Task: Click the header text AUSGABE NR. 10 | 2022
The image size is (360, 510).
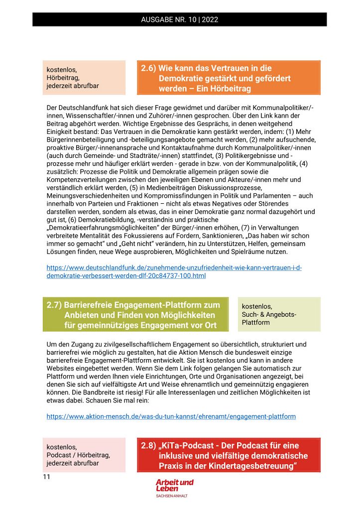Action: coord(180,20)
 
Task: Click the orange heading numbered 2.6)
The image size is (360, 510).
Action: coord(228,78)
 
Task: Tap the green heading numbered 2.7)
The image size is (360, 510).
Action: coord(135,315)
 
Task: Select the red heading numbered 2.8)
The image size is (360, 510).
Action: coord(229,455)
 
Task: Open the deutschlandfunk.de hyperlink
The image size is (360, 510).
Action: coord(174,271)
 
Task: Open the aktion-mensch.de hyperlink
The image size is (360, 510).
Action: coord(171,416)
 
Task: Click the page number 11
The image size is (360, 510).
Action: coord(47,477)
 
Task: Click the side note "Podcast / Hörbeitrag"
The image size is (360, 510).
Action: coord(78,455)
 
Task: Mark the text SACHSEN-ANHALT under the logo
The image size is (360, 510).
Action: coord(172,496)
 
